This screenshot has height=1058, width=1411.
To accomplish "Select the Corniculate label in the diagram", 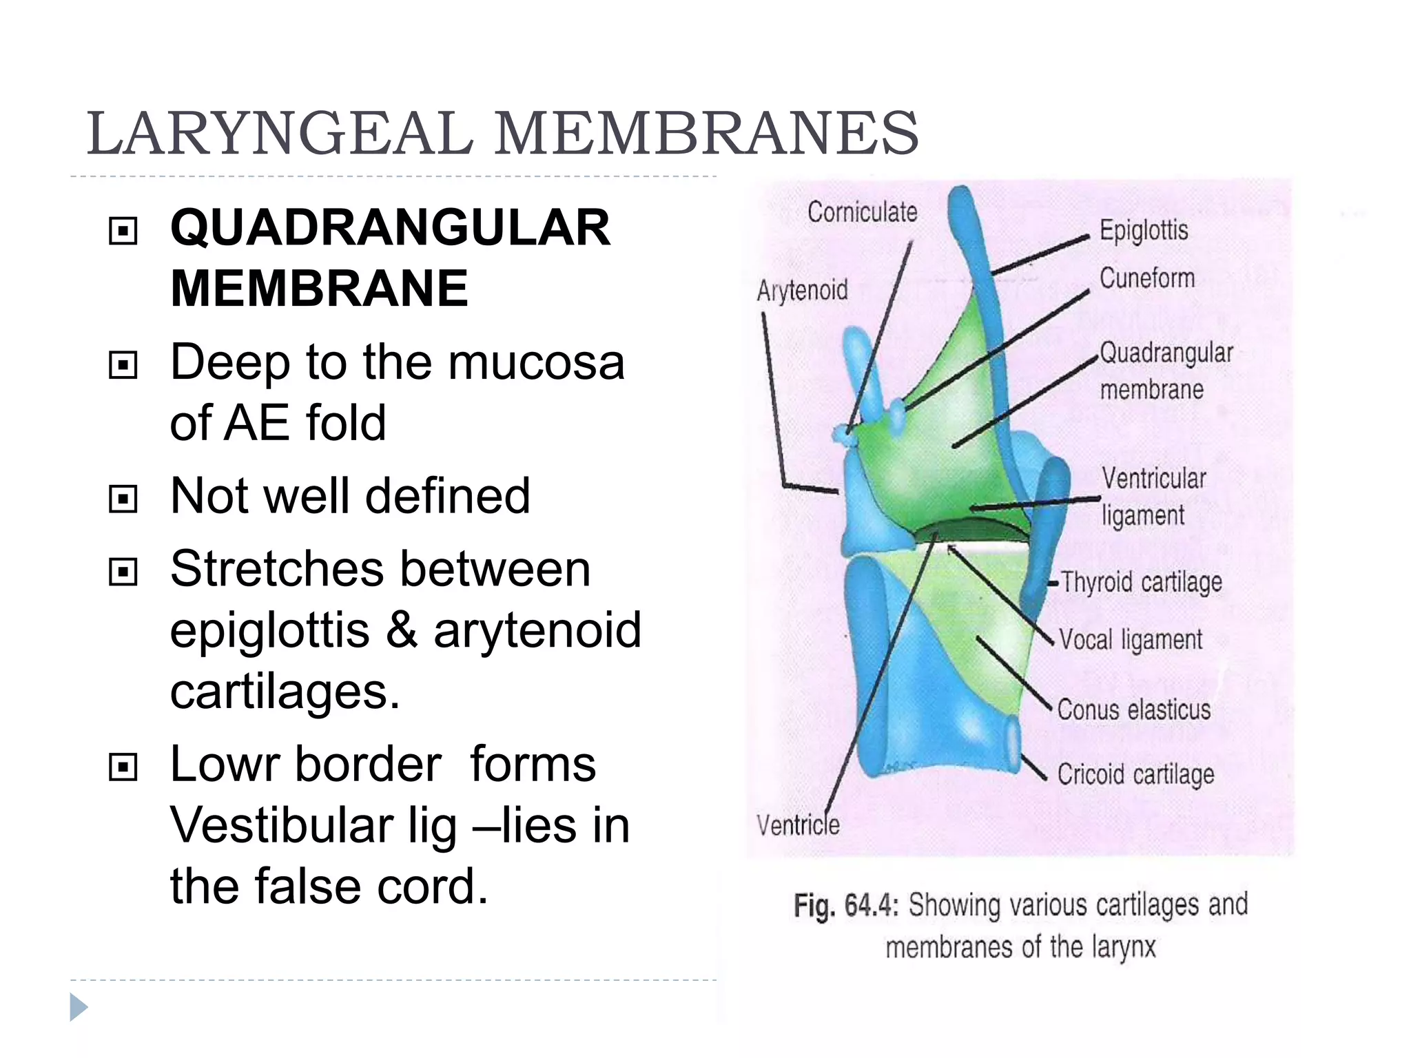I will (x=862, y=212).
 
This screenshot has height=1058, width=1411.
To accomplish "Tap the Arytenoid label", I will (x=802, y=290).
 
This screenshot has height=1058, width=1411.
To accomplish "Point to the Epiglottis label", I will (x=1144, y=231).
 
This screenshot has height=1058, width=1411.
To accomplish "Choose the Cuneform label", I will (x=1147, y=278).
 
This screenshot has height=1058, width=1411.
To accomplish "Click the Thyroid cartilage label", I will (x=1141, y=583).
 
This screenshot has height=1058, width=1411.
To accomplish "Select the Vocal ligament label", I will (x=1131, y=640).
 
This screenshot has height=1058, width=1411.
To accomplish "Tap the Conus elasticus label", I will (x=1134, y=709).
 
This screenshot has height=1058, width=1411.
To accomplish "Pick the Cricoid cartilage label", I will (x=1135, y=775).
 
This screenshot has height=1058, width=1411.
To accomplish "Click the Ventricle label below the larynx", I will (x=798, y=824).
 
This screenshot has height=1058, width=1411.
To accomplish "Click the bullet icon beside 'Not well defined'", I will (x=123, y=498).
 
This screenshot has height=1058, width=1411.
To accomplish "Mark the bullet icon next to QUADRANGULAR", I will (x=123, y=231).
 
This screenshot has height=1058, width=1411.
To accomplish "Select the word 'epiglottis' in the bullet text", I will (x=269, y=630).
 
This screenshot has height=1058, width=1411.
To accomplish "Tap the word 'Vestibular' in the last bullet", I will (x=281, y=825).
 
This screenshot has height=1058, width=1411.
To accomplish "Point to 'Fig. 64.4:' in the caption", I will (x=845, y=906).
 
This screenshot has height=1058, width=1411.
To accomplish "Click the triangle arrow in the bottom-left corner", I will (x=79, y=1008).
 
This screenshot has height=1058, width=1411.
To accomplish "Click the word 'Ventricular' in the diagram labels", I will (x=1154, y=479).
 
